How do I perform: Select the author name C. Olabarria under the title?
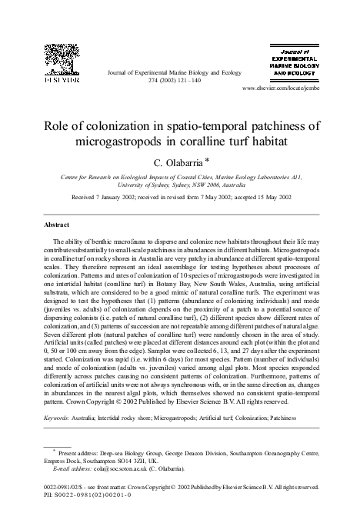click(174, 162)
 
